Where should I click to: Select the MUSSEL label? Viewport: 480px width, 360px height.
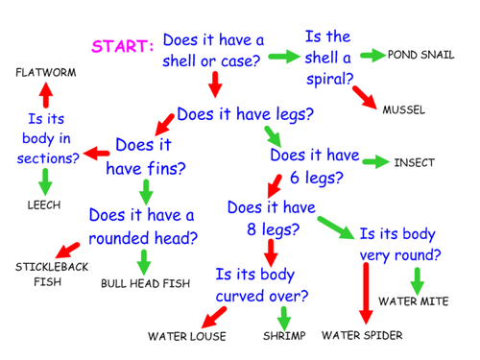point(403,109)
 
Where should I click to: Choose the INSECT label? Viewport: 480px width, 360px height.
point(414,162)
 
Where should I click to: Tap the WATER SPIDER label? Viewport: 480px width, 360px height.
point(362,335)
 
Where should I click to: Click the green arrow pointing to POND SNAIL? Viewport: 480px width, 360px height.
point(368,55)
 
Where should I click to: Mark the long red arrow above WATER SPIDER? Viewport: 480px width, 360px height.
point(365,294)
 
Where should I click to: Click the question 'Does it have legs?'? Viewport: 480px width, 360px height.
point(246,113)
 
